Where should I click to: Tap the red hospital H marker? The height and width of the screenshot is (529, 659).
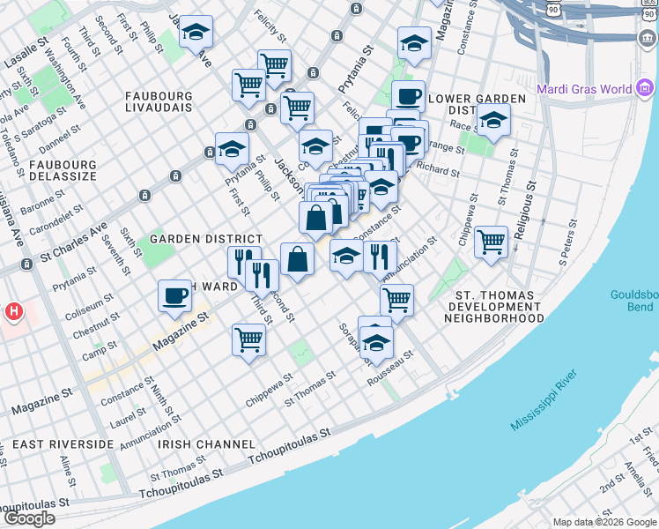pyautogui.click(x=13, y=311)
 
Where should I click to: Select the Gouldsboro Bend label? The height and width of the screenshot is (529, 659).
pyautogui.click(x=633, y=301)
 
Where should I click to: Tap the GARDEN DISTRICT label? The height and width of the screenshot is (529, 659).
pyautogui.click(x=205, y=239)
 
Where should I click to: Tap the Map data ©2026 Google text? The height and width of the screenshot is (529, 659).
pyautogui.click(x=604, y=522)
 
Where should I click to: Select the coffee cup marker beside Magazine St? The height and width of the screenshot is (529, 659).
pyautogui.click(x=174, y=296)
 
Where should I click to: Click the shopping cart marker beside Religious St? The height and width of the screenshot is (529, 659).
pyautogui.click(x=491, y=242)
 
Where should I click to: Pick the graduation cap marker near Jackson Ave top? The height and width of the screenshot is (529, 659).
pyautogui.click(x=196, y=33)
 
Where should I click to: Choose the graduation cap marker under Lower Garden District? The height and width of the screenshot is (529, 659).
pyautogui.click(x=493, y=121)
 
